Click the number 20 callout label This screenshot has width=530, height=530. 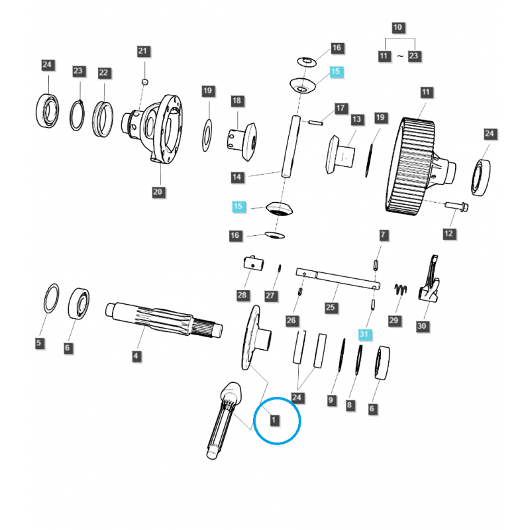tap(157, 192)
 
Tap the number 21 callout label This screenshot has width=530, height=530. tap(144, 51)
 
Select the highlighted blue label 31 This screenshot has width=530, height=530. tap(363, 335)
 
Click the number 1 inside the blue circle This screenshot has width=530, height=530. tap(273, 420)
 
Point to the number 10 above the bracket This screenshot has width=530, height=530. tap(397, 28)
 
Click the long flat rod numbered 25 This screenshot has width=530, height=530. tap(338, 278)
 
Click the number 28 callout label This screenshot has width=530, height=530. tap(242, 295)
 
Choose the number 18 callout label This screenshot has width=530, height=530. tap(237, 101)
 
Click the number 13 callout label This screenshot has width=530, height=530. tap(357, 120)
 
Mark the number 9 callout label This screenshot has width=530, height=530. tap(331, 400)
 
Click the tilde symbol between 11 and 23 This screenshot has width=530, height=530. tap(399, 57)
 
